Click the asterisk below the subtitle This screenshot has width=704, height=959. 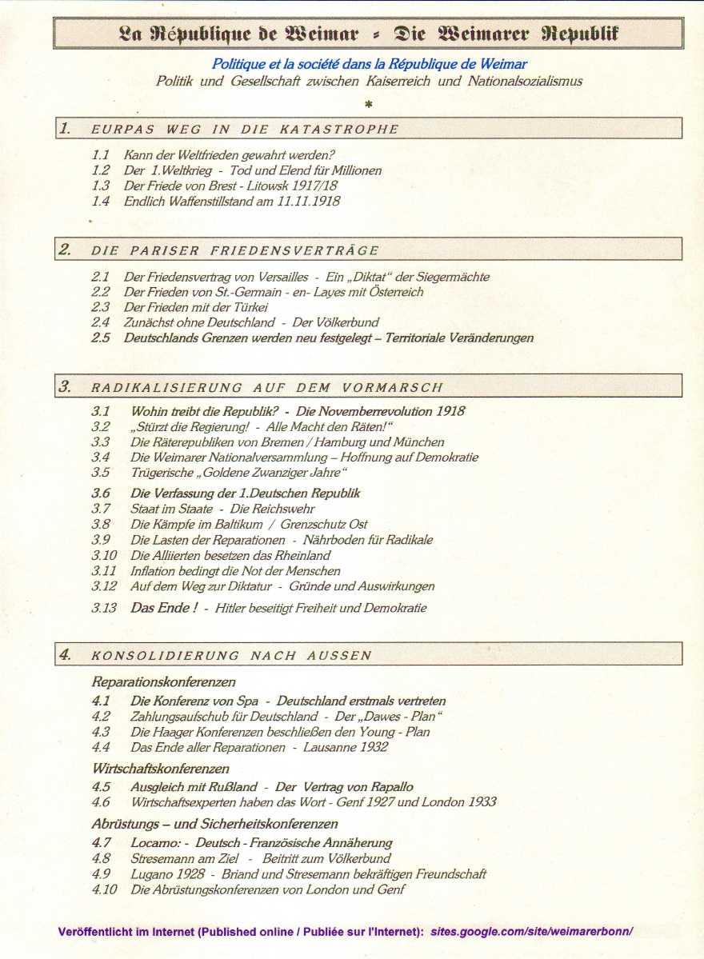368,103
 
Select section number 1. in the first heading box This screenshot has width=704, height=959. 65,128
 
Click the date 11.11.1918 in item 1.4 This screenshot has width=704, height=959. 308,202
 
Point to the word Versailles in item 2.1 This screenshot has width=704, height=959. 278,277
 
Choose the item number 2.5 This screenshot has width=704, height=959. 101,338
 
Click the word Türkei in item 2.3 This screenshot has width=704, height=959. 250,307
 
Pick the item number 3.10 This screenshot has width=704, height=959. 104,555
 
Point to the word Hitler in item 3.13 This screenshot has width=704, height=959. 233,608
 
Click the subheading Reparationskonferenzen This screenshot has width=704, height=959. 163,682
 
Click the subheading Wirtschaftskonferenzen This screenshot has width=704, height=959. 161,769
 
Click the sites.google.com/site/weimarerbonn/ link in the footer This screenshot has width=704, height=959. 531,932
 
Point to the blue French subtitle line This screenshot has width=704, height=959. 369,64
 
